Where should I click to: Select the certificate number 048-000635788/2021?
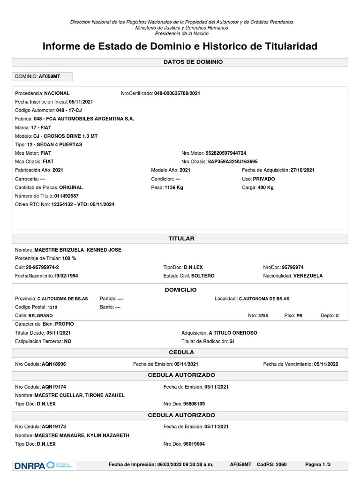pyautogui.click(x=177, y=93)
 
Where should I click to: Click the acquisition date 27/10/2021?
pyautogui.click(x=302, y=170)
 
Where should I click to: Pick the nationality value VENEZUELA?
pyautogui.click(x=308, y=276)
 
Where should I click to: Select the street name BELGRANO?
pyautogui.click(x=41, y=316)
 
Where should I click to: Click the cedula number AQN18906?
pyautogui.click(x=53, y=364)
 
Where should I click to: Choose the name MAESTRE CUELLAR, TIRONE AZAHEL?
pyautogui.click(x=83, y=395)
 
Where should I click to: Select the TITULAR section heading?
pyautogui.click(x=181, y=239)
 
